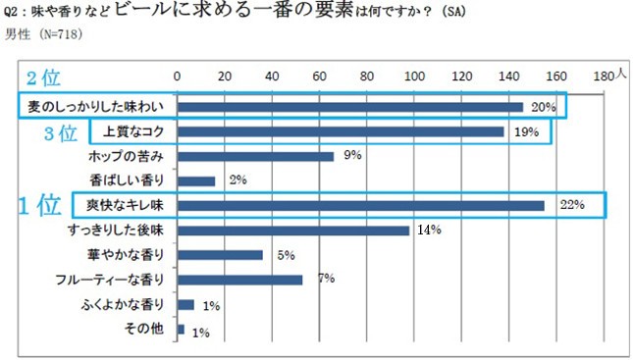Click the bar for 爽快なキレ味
tap(360, 205)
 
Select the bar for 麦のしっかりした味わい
tap(349, 106)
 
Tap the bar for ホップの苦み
tap(255, 156)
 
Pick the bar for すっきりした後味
tap(292, 231)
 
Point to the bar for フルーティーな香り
tap(239, 280)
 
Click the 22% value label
tap(572, 205)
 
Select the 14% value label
tap(429, 231)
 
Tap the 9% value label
tap(353, 155)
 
